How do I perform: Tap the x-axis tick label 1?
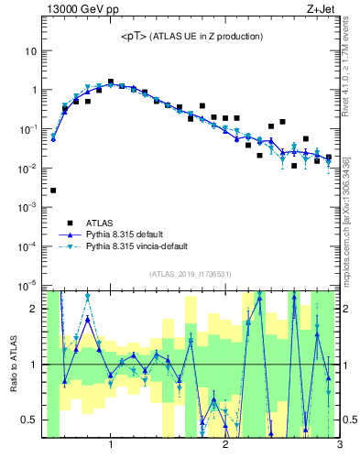click(x=111, y=446)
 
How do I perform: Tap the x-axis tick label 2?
click(x=225, y=446)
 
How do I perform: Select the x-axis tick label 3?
click(x=339, y=446)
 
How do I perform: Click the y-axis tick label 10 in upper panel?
click(x=29, y=51)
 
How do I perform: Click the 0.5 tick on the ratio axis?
click(x=29, y=420)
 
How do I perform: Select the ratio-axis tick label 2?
click(x=33, y=309)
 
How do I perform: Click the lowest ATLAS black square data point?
click(x=53, y=191)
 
